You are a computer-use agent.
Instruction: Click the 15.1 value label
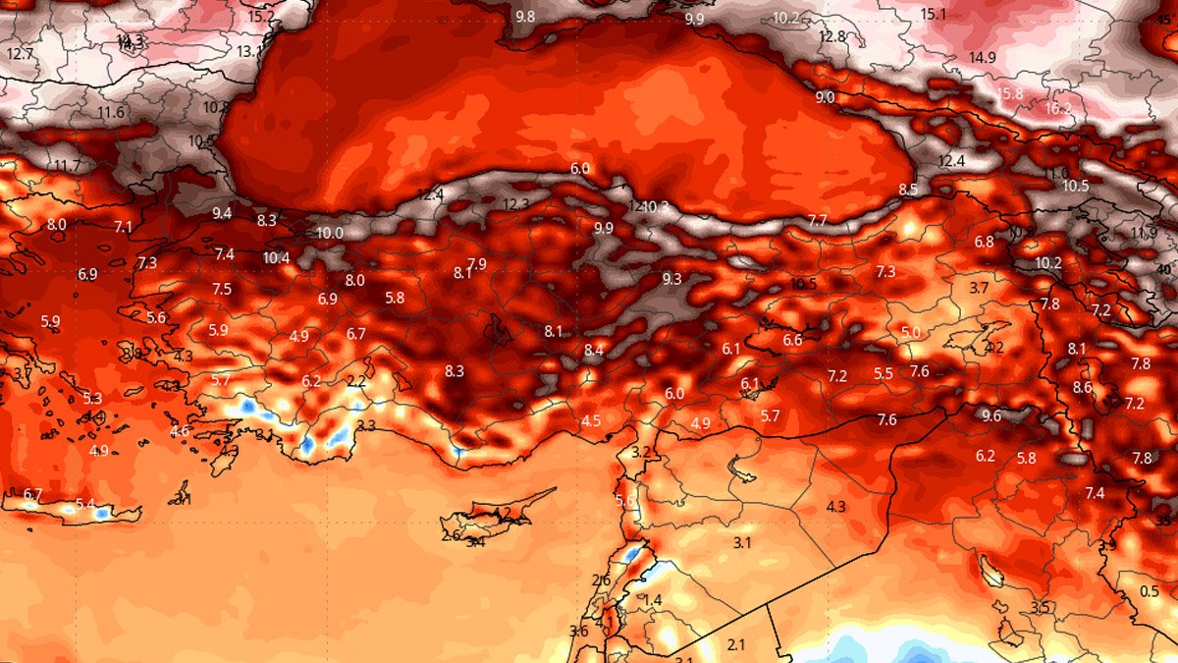933,15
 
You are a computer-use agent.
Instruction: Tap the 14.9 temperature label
982,58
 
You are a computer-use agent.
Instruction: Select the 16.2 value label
1058,109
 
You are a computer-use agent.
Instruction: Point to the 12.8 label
831,37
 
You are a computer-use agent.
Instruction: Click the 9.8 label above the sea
525,17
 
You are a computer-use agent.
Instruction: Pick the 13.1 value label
249,51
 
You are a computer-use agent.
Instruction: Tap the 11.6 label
111,113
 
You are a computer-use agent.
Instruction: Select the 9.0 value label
825,97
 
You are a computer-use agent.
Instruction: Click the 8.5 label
908,190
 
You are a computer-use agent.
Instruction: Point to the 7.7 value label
817,220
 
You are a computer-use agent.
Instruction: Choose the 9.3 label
671,279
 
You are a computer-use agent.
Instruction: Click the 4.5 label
591,420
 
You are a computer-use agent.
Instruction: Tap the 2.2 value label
355,381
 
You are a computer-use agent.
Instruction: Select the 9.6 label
991,415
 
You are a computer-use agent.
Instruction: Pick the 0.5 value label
1150,591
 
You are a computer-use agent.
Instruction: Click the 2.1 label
736,644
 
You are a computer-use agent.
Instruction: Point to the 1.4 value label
653,600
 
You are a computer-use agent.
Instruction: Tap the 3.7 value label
979,288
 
